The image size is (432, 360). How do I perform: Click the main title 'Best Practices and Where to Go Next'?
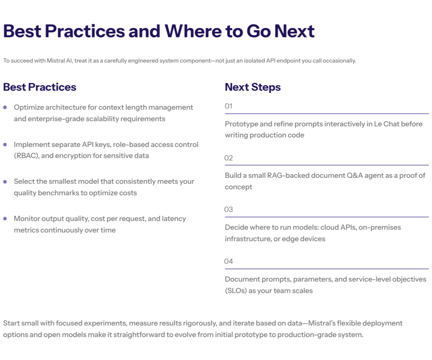coord(159,31)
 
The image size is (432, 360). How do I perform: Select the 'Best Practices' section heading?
coord(40,87)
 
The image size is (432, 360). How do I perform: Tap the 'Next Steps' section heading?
coord(253,87)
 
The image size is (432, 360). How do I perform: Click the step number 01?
coord(229,106)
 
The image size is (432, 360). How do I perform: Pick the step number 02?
coord(229,158)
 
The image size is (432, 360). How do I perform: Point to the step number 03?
coord(229,210)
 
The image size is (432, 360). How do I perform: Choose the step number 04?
coord(229,261)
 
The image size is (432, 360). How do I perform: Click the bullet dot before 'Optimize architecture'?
coord(5,107)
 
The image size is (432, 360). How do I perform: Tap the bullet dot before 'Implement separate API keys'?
coord(5,144)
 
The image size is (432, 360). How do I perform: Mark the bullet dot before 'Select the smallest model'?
coord(5,181)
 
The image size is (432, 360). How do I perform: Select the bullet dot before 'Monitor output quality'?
coord(5,219)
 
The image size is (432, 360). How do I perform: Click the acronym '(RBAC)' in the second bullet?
coord(26,156)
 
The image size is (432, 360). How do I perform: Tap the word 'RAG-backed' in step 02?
coord(283,175)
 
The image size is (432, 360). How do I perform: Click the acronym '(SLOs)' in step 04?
coord(236,291)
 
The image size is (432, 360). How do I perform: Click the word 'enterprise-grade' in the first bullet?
coord(39,119)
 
